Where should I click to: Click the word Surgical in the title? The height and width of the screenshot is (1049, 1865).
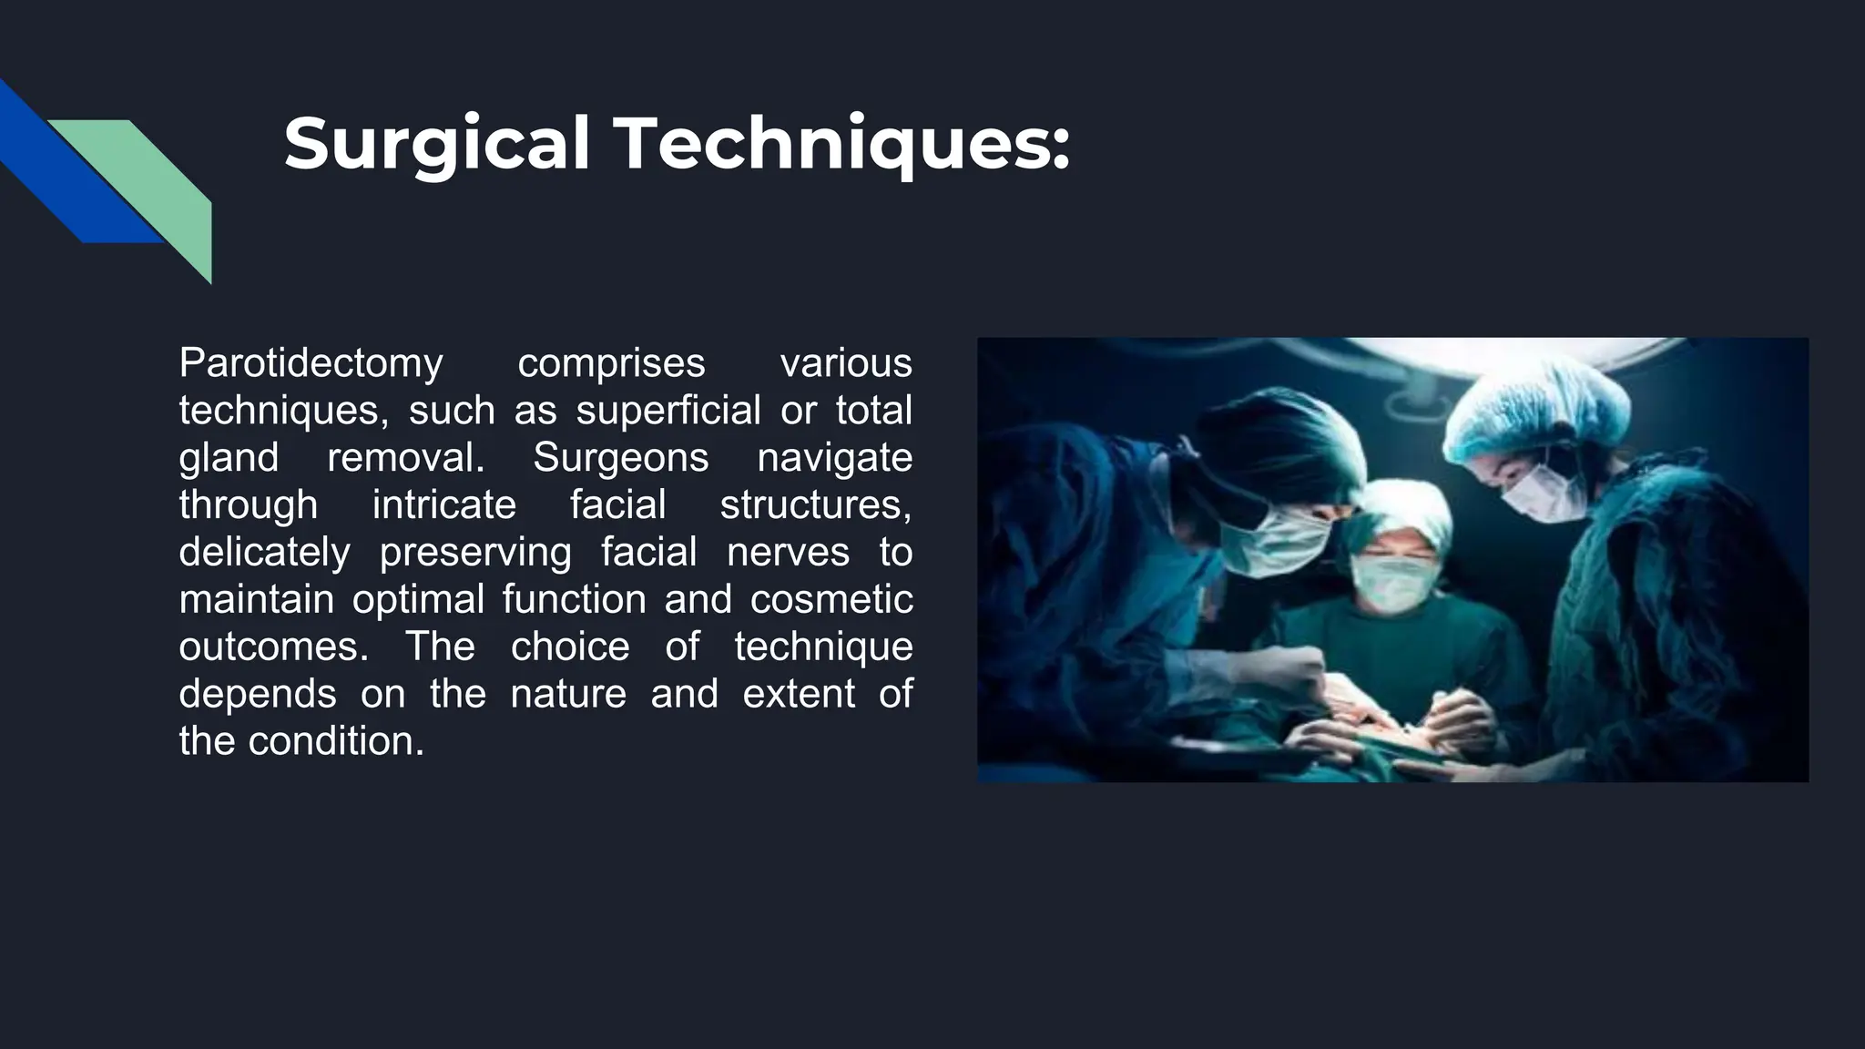click(x=437, y=143)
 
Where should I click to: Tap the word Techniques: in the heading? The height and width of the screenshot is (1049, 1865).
click(x=843, y=143)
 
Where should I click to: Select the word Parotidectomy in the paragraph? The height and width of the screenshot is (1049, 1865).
click(x=311, y=363)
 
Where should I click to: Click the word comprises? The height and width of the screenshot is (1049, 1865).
click(x=611, y=363)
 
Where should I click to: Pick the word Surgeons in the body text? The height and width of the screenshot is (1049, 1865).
click(x=620, y=457)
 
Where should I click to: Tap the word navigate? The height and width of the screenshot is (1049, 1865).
click(x=834, y=457)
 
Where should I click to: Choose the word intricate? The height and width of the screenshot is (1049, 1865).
click(x=443, y=504)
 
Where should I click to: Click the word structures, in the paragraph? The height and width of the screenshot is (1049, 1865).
click(x=815, y=504)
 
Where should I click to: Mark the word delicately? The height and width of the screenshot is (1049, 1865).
click(x=264, y=552)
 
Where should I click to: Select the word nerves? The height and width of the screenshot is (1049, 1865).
click(x=788, y=552)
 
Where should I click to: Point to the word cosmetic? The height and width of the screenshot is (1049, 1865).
click(x=831, y=599)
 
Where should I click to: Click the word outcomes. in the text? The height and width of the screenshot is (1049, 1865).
click(x=274, y=647)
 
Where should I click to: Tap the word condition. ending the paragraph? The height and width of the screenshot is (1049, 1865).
click(x=336, y=741)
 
